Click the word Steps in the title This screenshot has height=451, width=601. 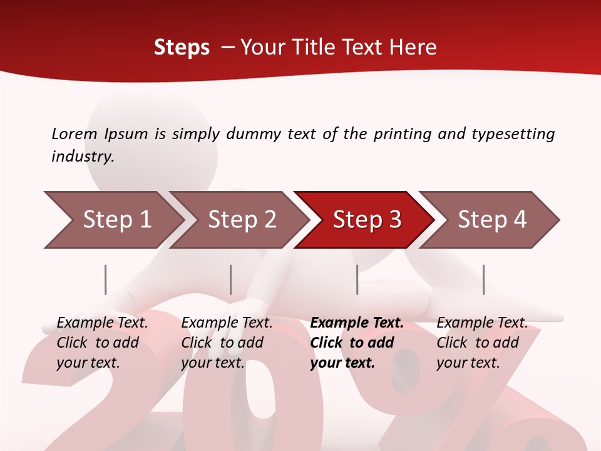click(x=182, y=48)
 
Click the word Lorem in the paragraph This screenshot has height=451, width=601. click(x=74, y=133)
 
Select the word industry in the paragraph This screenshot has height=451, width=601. click(x=82, y=157)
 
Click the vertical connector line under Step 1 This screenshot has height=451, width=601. click(x=106, y=279)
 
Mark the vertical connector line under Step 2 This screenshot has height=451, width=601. click(x=231, y=279)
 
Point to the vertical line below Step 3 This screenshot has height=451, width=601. click(x=357, y=279)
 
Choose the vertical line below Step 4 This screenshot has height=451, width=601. click(x=483, y=279)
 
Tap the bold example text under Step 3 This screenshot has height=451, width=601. click(x=356, y=343)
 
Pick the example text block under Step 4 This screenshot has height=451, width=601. click(x=481, y=343)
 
